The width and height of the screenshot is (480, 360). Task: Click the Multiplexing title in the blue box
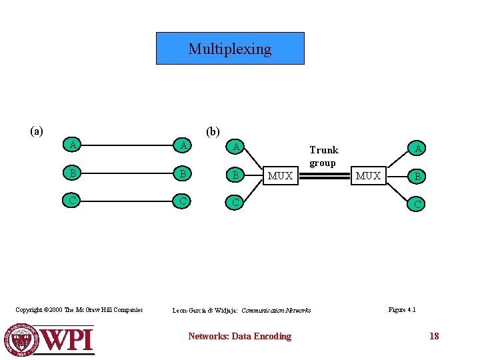tap(230, 49)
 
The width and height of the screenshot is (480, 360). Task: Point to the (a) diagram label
tap(37, 131)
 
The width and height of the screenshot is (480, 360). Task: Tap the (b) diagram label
tap(213, 131)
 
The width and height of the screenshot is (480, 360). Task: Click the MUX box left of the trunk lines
tap(280, 175)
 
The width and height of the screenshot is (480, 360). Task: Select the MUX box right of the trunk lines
tap(368, 175)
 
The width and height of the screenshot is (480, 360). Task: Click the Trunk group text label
tap(323, 156)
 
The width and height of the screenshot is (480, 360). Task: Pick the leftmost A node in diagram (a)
tap(71, 145)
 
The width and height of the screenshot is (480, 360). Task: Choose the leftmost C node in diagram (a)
tap(71, 199)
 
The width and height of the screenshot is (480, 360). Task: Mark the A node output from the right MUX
tap(417, 148)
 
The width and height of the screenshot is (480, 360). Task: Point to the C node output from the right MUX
tap(417, 203)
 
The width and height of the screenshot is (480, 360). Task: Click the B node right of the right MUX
tap(417, 177)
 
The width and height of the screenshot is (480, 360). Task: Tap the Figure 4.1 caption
tap(402, 309)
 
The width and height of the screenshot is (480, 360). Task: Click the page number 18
tap(434, 336)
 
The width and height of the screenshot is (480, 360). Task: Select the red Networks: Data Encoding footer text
tap(239, 336)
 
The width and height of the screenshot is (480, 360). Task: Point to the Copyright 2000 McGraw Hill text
tap(79, 309)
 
